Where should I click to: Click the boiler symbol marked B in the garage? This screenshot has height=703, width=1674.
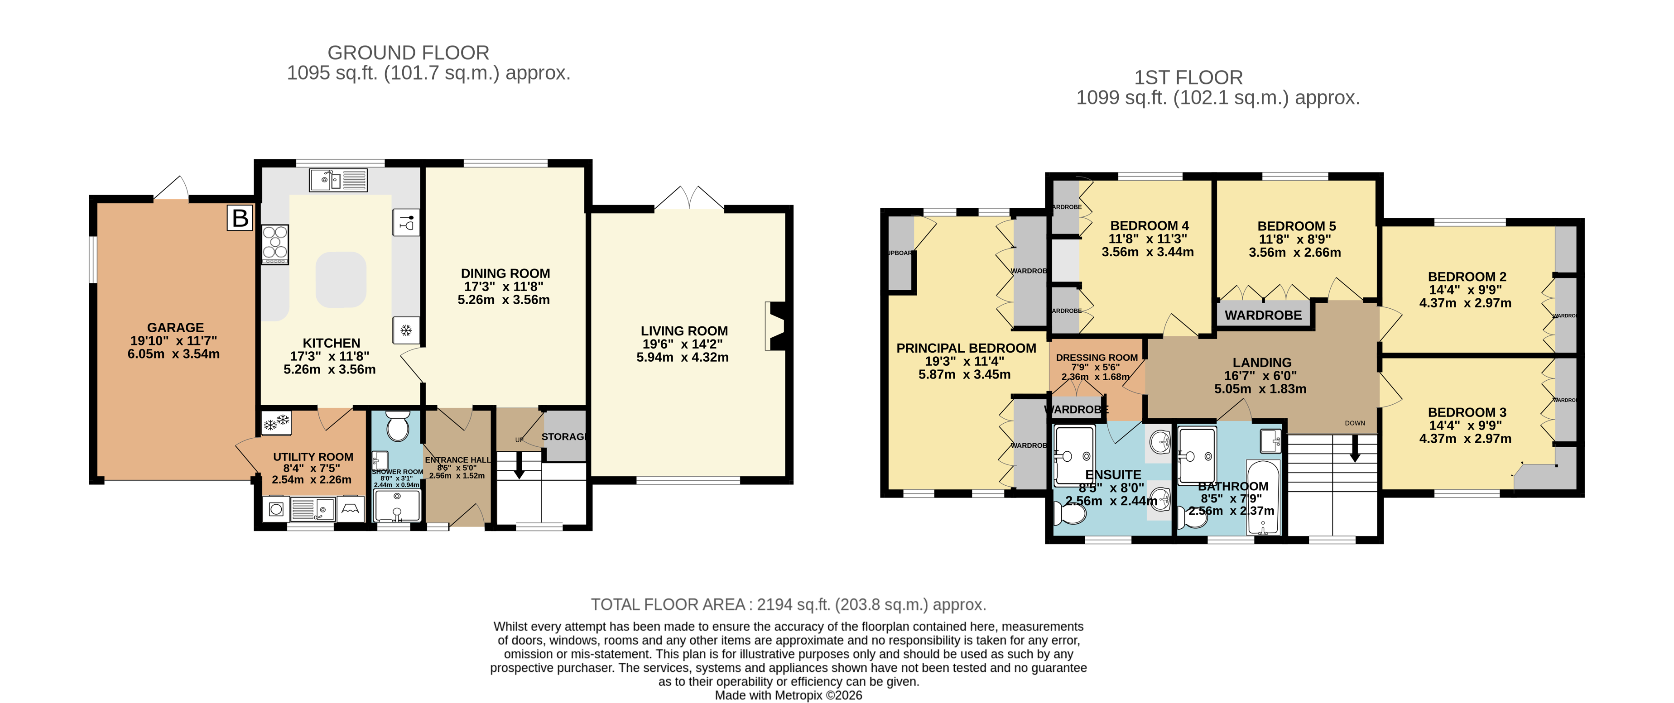(240, 218)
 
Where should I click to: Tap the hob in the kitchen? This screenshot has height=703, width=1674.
(275, 244)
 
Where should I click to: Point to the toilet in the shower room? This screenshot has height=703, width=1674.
(396, 427)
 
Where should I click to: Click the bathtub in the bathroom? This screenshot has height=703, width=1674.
(1263, 497)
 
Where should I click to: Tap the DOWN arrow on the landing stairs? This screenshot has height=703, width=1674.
(1355, 448)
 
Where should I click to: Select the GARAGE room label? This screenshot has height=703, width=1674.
(175, 327)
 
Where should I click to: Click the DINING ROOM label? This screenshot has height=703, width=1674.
(505, 273)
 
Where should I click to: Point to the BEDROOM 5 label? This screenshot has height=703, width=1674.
(1296, 226)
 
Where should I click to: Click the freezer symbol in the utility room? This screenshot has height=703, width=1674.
(276, 423)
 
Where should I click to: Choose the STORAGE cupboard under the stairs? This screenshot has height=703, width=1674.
(564, 437)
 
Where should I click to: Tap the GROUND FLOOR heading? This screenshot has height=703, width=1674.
(408, 53)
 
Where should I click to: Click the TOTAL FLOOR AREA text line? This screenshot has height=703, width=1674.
(788, 604)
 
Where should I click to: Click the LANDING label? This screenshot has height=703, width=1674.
(1261, 363)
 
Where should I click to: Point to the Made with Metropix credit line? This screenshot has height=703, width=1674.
(788, 695)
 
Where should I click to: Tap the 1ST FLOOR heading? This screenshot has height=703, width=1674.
(1188, 78)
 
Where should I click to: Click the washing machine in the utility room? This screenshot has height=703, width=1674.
(276, 509)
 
